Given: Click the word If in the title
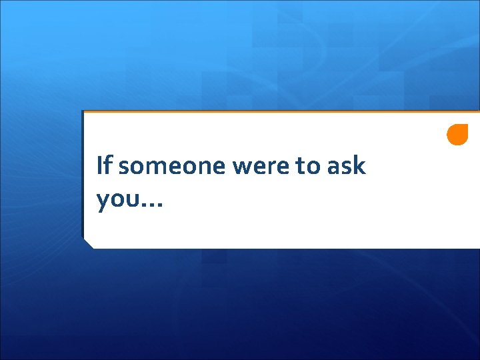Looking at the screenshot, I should coord(104,165).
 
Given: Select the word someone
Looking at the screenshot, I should coord(172,166).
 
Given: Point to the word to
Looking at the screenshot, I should coord(309,166).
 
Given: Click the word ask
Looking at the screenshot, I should coord(347,165).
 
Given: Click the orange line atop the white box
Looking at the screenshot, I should coord(280,111).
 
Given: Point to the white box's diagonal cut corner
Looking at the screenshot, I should coord(88,243).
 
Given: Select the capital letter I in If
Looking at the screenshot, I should coord(99,165).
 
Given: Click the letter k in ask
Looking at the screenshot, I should coord(360,165).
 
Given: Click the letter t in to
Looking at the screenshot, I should coord(301,166).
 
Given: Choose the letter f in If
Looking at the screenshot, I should coord(108,165).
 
